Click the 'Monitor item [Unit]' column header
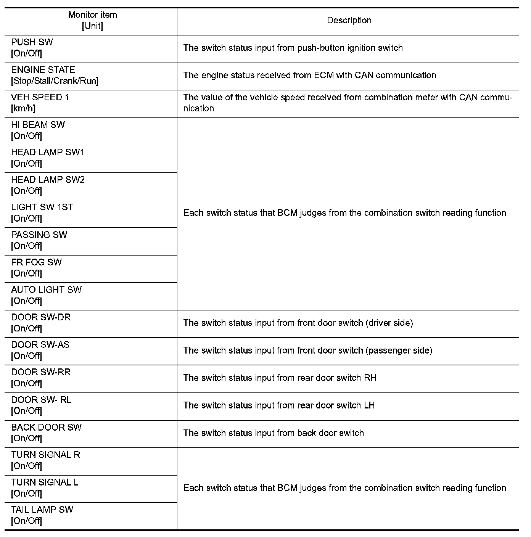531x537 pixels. coord(92,21)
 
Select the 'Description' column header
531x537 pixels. coord(349,21)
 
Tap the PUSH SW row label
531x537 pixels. coord(32,48)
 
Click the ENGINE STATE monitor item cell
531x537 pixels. coord(55,75)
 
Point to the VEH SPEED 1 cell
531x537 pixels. coord(40,103)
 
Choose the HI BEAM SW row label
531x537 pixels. coord(38,130)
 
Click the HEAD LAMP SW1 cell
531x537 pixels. coord(48,158)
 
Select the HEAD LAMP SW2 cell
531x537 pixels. coord(48,185)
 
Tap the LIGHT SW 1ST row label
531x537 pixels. coord(42,213)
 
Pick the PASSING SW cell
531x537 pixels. coord(39,240)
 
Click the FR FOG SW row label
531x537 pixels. coord(36,268)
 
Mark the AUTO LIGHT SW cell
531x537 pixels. coord(46,295)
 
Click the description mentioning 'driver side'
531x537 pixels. coord(298,323)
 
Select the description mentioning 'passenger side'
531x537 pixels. coord(307,350)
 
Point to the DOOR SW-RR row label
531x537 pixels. coord(41,378)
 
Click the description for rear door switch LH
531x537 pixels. coord(279,405)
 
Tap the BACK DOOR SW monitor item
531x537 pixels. coord(46,433)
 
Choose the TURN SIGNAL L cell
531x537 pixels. coord(45,488)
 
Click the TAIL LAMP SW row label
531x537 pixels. coord(42,515)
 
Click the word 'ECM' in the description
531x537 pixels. coord(324,75)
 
